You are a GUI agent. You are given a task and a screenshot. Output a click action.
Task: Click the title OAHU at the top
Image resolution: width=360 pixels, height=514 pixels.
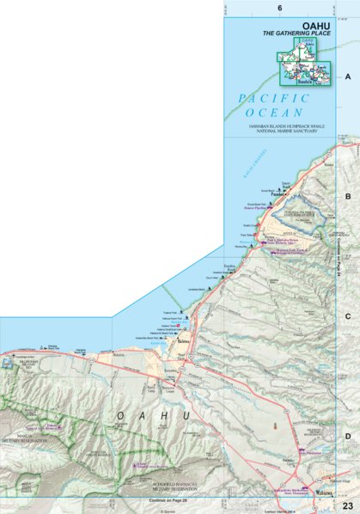[x=308, y=25]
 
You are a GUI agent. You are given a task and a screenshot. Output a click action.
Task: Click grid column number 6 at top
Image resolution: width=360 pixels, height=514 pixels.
[x=280, y=8]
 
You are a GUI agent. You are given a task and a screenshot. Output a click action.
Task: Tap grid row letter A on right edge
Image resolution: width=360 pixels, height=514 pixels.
[x=348, y=76]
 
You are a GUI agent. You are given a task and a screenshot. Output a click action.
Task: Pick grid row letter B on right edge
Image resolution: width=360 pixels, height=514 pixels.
[x=348, y=197]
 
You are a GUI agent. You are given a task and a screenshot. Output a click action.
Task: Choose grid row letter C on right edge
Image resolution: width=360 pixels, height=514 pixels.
[x=348, y=316]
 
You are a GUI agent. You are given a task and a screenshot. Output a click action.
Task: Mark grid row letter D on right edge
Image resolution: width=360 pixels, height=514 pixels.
[x=348, y=437]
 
